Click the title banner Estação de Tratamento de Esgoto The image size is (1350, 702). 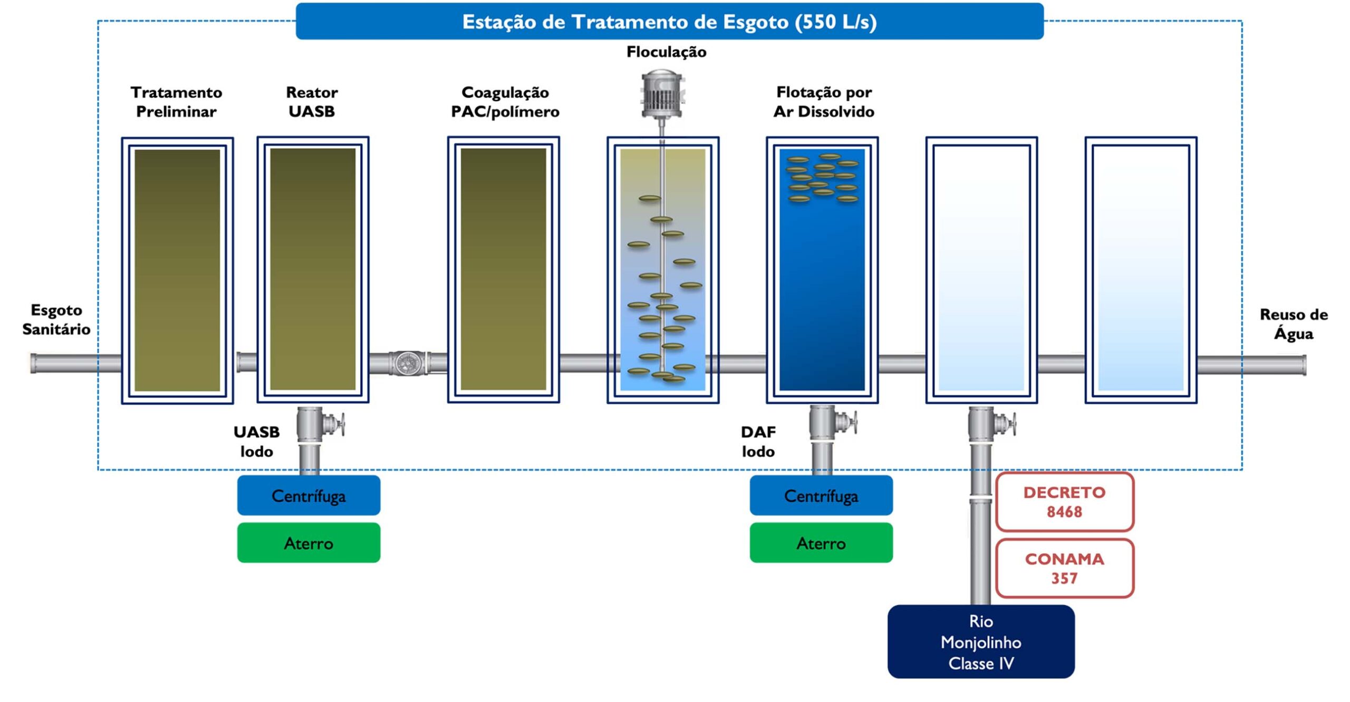point(670,21)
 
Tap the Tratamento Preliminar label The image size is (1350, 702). point(177,102)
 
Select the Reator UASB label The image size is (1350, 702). point(312,102)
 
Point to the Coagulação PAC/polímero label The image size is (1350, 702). point(505,102)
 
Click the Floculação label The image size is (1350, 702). point(667,52)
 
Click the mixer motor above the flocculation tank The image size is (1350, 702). point(662,95)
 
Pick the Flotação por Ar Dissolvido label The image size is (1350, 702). point(824,102)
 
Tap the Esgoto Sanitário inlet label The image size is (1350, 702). point(56,319)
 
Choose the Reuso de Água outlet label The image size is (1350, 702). point(1294,324)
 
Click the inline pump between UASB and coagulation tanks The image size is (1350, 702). point(408,363)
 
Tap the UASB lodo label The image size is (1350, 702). point(257,442)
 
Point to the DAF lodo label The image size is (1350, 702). point(758,442)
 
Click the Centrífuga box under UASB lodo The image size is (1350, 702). point(308,495)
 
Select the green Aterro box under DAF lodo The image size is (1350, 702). point(821,543)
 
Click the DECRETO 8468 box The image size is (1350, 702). point(1065,502)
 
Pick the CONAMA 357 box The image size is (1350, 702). point(1065,568)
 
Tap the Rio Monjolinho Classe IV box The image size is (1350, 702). point(981,641)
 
